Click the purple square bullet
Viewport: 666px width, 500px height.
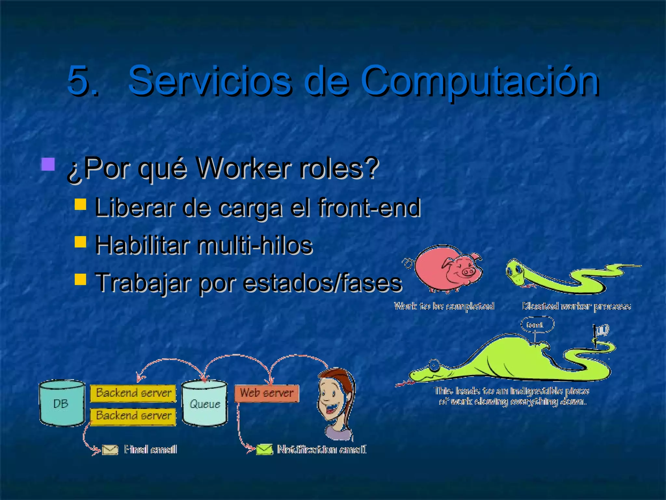[48, 164]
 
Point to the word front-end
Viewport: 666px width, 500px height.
[369, 207]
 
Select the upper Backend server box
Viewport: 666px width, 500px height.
[133, 393]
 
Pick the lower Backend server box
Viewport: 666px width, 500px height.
[133, 416]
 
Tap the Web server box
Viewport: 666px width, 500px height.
[267, 393]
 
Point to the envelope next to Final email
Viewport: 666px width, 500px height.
[110, 450]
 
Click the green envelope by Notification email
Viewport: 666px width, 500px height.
[264, 450]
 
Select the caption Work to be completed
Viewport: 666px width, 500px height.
[444, 306]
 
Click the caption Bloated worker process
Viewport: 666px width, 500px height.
[576, 306]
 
